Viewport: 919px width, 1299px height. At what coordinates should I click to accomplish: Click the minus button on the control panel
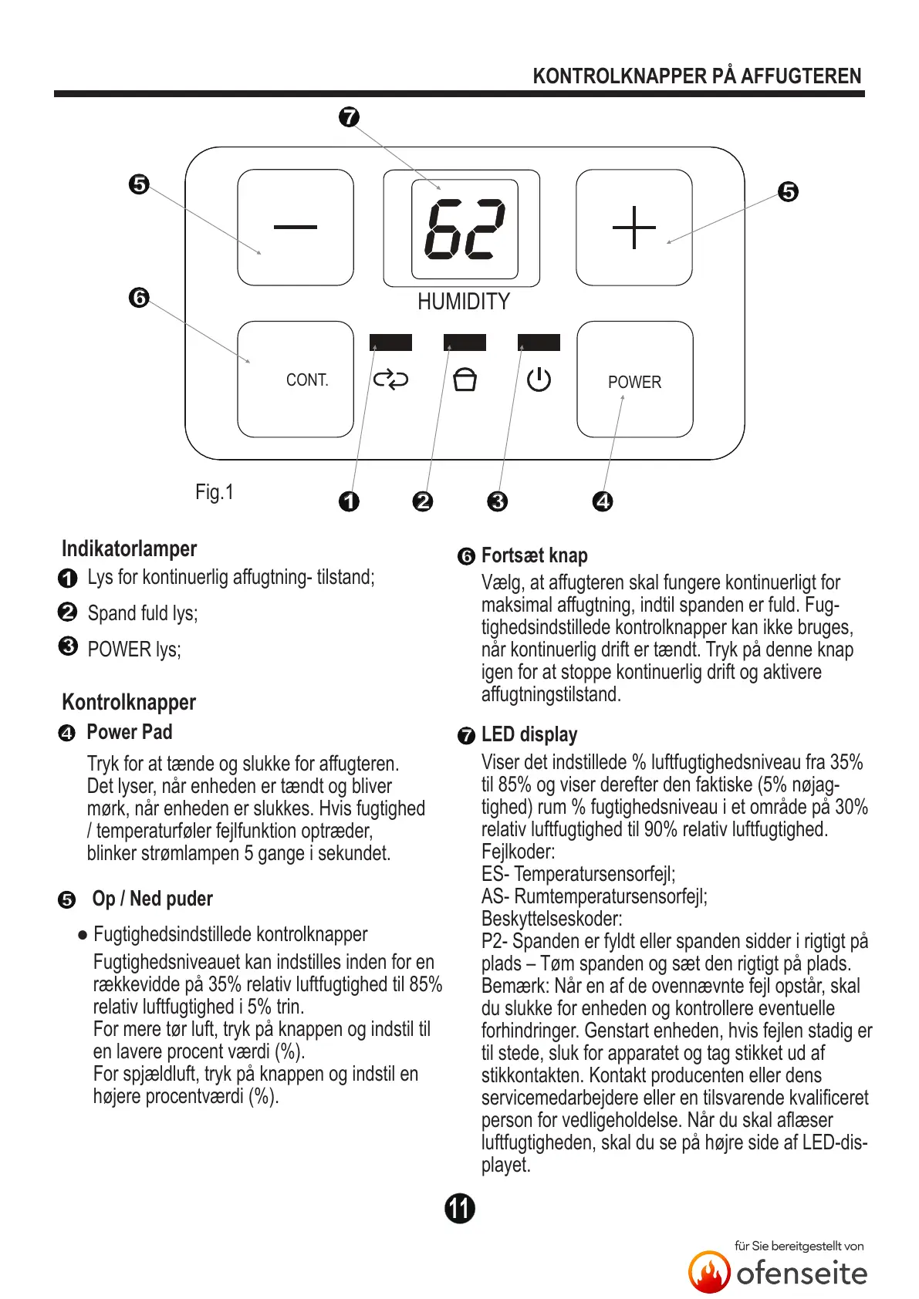coord(295,227)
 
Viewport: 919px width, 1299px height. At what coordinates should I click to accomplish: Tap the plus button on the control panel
coord(634,227)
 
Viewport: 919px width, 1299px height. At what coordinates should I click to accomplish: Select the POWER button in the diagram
coord(634,380)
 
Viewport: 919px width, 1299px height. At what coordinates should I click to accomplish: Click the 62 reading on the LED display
coord(465,229)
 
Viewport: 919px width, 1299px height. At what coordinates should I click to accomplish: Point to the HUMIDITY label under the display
coord(464,302)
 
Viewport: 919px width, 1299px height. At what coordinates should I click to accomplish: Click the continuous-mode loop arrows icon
coord(390,380)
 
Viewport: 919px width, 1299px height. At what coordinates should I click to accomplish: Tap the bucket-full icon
coord(465,380)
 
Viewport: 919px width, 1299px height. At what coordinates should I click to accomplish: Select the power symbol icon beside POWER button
coord(539,380)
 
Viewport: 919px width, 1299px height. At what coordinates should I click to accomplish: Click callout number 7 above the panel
coord(350,117)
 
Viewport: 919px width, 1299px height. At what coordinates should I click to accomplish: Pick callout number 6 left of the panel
coord(139,298)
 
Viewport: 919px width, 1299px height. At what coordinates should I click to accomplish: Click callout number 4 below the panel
coord(603,501)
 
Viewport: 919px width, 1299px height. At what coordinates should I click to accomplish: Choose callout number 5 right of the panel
coord(788,191)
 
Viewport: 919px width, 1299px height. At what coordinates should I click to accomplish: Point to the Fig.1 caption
coord(215,492)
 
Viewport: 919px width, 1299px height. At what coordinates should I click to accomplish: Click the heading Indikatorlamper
coord(129,549)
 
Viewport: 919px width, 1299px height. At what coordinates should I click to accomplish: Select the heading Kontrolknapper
coord(129,702)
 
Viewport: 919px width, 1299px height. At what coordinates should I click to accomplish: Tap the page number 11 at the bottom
coord(460,1208)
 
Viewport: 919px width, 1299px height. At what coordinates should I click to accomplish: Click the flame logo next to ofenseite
coord(709,1272)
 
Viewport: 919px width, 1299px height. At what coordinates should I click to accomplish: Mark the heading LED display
coord(529,734)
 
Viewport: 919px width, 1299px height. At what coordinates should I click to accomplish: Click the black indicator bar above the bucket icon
coord(465,342)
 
